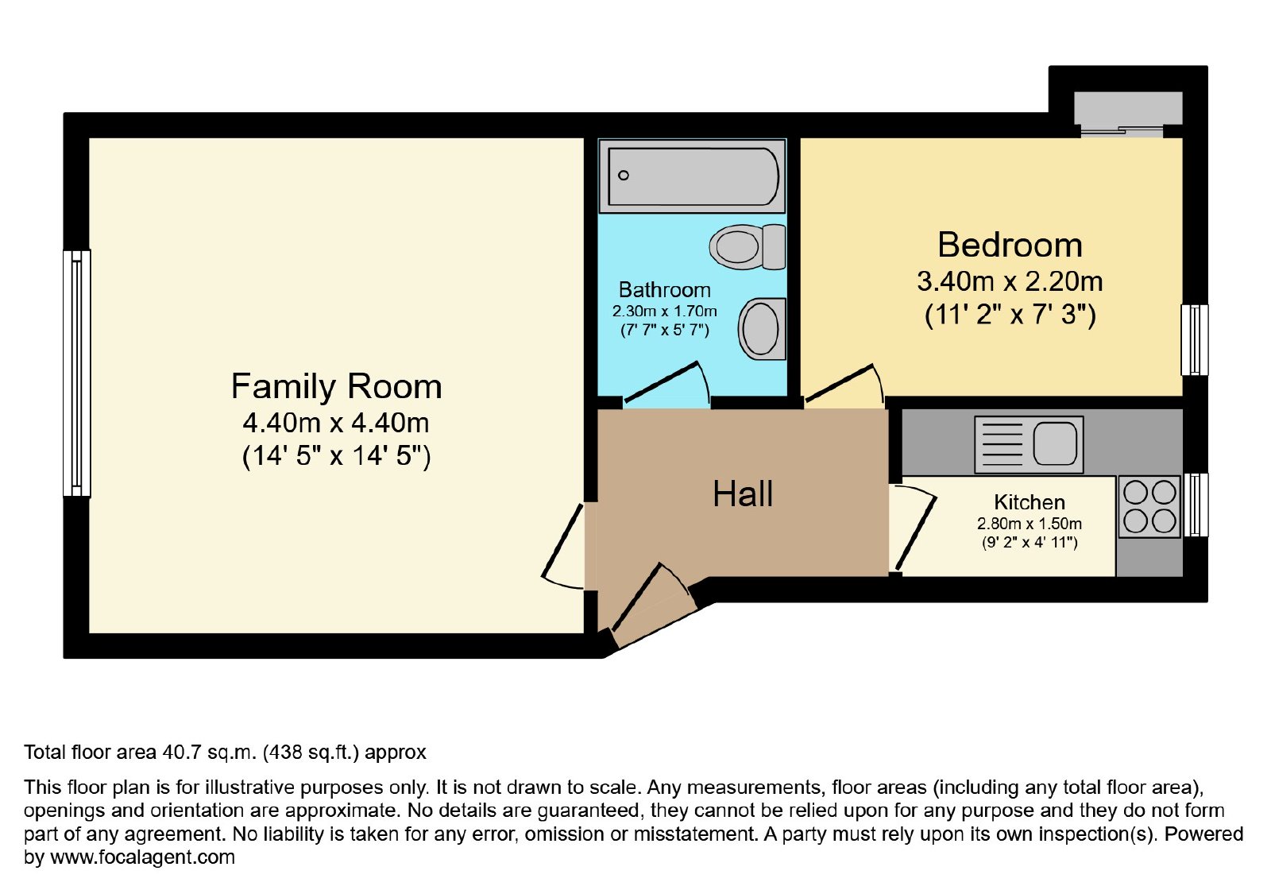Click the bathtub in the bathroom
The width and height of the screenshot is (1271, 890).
pyautogui.click(x=692, y=176)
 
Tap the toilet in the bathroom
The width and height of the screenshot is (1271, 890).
pyautogui.click(x=748, y=247)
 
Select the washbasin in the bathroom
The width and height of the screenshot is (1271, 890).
pyautogui.click(x=762, y=329)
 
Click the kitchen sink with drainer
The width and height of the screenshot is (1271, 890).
pyautogui.click(x=1029, y=444)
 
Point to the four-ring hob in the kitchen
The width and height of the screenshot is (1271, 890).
pyautogui.click(x=1149, y=507)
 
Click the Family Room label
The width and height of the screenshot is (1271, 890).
pyautogui.click(x=337, y=386)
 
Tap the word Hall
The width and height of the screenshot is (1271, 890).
pyautogui.click(x=743, y=493)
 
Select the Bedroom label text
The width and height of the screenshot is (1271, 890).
pyautogui.click(x=1010, y=246)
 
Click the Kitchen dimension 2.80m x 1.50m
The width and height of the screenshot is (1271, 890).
pyautogui.click(x=1030, y=524)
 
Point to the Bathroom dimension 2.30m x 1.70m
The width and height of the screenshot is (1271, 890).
pyautogui.click(x=664, y=311)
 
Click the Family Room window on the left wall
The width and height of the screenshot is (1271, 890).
pyautogui.click(x=76, y=373)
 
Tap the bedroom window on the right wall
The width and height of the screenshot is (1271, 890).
pyautogui.click(x=1195, y=340)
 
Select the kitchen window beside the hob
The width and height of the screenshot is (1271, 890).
pyautogui.click(x=1196, y=505)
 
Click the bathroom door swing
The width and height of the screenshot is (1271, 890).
pyautogui.click(x=666, y=383)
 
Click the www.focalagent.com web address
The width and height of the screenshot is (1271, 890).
pyautogui.click(x=142, y=857)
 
